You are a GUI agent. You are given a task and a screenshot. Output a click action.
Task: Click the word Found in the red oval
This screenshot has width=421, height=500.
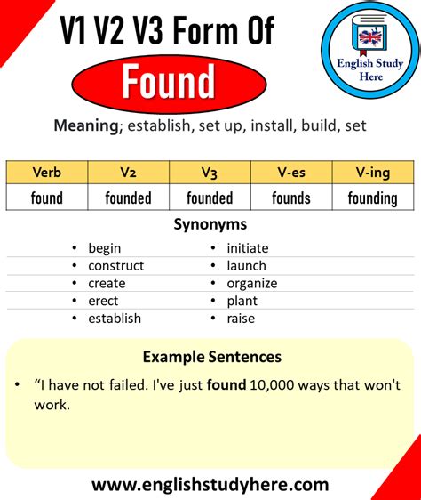(x=169, y=83)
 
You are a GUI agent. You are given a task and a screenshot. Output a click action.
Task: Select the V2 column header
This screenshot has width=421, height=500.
(x=129, y=172)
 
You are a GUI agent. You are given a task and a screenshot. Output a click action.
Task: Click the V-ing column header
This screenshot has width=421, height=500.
(x=373, y=172)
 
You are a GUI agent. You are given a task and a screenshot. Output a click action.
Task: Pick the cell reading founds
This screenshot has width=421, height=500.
(x=291, y=197)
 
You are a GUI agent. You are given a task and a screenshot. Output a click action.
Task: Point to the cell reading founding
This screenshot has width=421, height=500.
(x=373, y=197)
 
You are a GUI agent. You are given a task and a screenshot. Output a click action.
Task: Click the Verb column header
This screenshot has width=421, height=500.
(x=46, y=172)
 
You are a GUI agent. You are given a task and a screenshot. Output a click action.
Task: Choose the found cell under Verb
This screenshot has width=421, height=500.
(x=46, y=197)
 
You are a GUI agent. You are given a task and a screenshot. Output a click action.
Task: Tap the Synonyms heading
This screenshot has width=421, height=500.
(x=210, y=225)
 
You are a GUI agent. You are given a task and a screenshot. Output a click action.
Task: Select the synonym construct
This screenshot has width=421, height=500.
(x=115, y=265)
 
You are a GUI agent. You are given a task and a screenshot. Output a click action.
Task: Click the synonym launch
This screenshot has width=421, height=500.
(x=247, y=265)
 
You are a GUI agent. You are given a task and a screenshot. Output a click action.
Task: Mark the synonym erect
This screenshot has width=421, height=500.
(x=103, y=301)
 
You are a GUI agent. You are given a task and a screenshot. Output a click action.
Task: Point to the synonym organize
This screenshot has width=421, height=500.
(x=252, y=283)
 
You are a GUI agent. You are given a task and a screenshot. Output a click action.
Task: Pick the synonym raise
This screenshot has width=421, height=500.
(x=241, y=318)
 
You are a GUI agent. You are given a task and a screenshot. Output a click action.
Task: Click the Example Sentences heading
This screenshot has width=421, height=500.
(x=211, y=357)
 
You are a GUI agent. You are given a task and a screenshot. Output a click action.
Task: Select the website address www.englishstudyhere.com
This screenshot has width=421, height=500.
(x=210, y=485)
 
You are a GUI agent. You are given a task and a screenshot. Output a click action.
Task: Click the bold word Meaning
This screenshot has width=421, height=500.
(x=86, y=125)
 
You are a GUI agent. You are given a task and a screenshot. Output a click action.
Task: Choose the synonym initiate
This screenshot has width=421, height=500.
(x=248, y=248)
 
